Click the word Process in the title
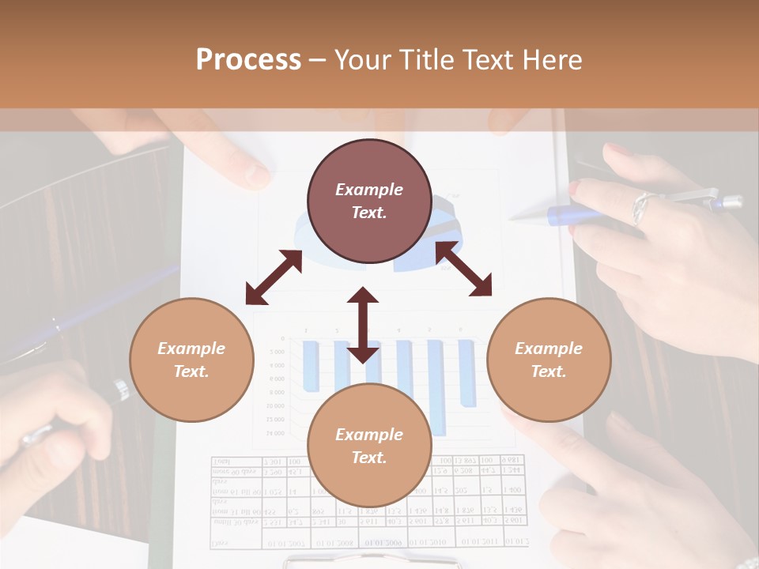click(x=248, y=60)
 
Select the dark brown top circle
click(x=369, y=202)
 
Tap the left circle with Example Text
click(x=191, y=360)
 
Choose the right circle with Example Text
click(x=549, y=360)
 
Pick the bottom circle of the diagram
click(x=369, y=446)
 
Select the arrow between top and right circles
click(x=464, y=269)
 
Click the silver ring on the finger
click(x=640, y=207)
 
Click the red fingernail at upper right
click(x=575, y=188)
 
